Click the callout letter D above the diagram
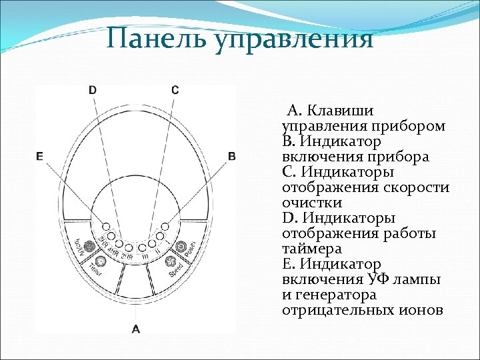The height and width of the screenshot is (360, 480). click(92, 89)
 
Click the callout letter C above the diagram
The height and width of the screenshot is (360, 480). click(175, 89)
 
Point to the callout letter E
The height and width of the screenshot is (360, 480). click(40, 156)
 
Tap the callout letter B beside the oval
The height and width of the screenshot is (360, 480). click(231, 156)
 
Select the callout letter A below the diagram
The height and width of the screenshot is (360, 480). click(136, 328)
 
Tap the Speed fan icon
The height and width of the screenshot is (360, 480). click(169, 259)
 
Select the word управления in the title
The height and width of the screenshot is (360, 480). click(293, 39)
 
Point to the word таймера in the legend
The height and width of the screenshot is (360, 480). click(312, 249)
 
